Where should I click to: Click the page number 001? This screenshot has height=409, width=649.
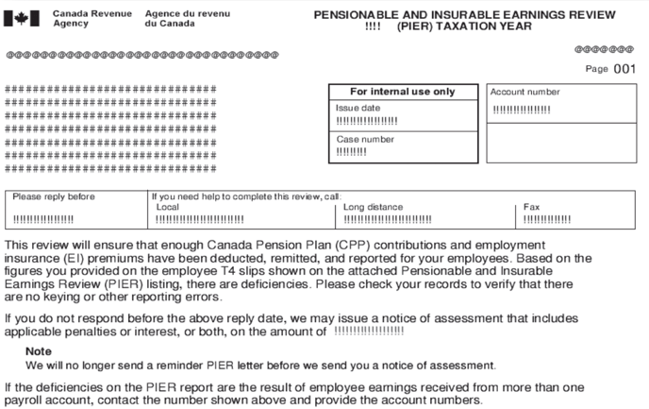[625, 69]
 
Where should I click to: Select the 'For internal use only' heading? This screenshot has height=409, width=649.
[402, 92]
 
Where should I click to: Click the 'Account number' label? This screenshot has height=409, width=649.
[524, 93]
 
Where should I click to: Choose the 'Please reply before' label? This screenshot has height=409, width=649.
[54, 196]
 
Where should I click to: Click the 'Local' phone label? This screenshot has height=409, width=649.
[167, 207]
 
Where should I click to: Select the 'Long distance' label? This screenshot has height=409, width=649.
[373, 207]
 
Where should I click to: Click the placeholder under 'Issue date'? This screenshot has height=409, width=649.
[367, 121]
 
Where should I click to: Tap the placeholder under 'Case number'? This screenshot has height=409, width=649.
[351, 152]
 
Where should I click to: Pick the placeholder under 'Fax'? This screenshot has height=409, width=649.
[547, 219]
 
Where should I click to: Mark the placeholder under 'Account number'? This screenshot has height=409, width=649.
[522, 109]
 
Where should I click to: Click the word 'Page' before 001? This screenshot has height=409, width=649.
[596, 70]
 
